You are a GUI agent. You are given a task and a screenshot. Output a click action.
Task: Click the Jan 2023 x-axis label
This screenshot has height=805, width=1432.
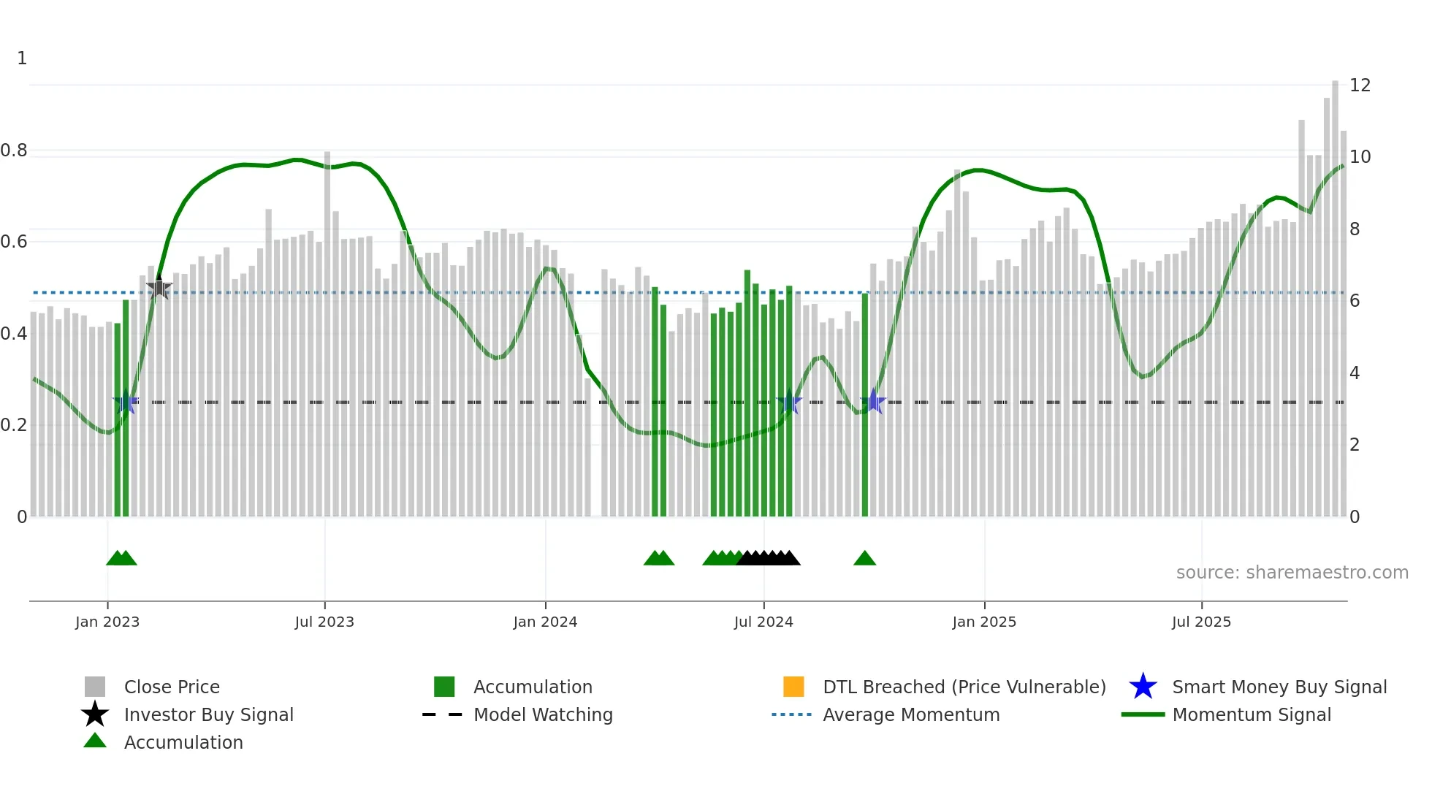coord(107,622)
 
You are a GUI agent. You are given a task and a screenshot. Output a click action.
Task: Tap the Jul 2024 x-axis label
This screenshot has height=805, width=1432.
coord(763,622)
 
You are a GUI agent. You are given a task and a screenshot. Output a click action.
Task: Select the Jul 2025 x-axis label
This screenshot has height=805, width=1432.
coord(1201,622)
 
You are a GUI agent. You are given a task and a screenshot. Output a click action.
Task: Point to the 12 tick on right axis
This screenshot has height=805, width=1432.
coord(1360,85)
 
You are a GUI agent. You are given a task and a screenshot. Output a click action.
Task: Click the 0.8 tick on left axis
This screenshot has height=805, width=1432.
coord(14,150)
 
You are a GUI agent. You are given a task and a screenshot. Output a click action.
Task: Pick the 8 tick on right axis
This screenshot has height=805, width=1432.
coord(1355,229)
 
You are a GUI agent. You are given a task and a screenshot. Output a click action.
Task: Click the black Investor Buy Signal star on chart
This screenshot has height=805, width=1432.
coord(159,289)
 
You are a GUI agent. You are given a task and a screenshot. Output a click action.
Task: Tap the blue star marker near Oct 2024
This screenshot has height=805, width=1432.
coord(873,402)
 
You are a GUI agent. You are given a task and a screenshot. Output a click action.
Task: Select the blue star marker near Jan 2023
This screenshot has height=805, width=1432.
coord(126,402)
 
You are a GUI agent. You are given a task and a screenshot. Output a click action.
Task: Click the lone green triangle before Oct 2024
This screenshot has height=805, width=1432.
coord(864,559)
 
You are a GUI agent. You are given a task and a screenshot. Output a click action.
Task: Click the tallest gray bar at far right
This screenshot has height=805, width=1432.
coord(1335,292)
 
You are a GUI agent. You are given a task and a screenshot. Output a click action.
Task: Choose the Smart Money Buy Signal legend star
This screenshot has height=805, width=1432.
coord(1143,687)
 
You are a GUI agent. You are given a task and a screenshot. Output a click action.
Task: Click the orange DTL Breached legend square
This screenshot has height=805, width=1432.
coord(793,687)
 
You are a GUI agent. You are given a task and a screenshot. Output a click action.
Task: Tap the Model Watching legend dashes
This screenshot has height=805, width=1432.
coord(443,714)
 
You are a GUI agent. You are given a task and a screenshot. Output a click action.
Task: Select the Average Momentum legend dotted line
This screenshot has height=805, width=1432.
coord(792,714)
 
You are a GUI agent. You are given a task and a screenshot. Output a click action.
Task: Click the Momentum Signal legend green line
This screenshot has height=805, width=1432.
coord(1143,714)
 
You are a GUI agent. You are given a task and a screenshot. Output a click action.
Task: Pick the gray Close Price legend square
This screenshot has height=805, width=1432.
coord(95,687)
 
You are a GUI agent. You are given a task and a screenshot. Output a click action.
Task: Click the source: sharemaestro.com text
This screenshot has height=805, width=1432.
coord(1292,573)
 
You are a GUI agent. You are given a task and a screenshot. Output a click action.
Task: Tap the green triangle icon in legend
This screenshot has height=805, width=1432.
coord(95,741)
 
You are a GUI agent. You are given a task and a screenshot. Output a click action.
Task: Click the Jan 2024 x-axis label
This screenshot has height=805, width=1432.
coord(545,622)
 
